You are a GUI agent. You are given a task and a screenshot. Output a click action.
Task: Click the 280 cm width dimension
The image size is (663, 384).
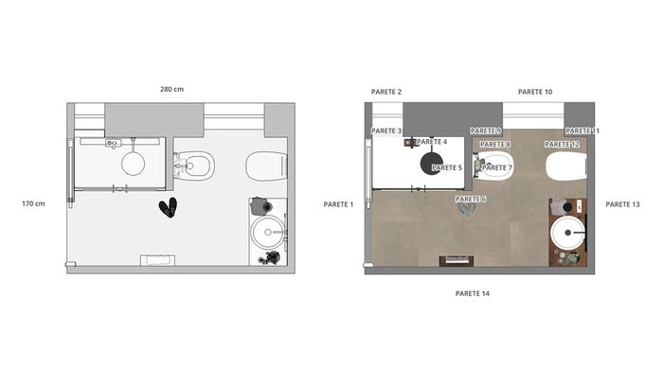(171, 89)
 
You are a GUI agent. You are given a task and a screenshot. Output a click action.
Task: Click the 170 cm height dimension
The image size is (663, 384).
(33, 203)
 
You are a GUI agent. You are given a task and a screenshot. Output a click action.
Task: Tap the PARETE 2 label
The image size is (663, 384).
(386, 92)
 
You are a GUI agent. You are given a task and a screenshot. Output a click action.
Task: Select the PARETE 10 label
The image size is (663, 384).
(535, 92)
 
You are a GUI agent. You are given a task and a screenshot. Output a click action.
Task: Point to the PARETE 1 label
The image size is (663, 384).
(338, 204)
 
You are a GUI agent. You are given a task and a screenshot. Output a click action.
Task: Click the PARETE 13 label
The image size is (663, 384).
(622, 204)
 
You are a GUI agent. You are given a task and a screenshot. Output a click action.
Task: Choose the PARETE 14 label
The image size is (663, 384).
(473, 293)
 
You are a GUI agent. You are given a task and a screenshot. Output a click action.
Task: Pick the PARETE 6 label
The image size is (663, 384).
(471, 199)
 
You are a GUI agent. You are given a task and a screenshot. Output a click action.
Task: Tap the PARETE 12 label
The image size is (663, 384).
(562, 145)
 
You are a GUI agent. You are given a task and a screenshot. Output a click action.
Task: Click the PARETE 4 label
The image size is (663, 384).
(432, 142)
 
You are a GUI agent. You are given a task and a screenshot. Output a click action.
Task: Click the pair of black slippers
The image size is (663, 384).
(169, 207)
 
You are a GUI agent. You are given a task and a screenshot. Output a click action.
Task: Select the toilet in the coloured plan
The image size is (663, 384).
(566, 166)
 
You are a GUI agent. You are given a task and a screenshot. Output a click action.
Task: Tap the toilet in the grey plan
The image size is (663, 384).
(267, 166)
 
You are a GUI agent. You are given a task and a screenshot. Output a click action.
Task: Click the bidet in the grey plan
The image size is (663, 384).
(194, 166)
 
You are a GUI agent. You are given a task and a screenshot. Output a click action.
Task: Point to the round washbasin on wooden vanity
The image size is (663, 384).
(568, 233)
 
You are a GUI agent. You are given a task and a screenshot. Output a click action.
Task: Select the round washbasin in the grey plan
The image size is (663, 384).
(268, 233)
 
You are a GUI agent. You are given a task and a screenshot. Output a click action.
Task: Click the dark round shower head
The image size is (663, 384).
(432, 164)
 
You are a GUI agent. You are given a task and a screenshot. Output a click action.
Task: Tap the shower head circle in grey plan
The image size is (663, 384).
(134, 164)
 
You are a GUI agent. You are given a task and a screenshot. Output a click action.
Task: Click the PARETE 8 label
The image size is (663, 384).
(495, 145)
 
